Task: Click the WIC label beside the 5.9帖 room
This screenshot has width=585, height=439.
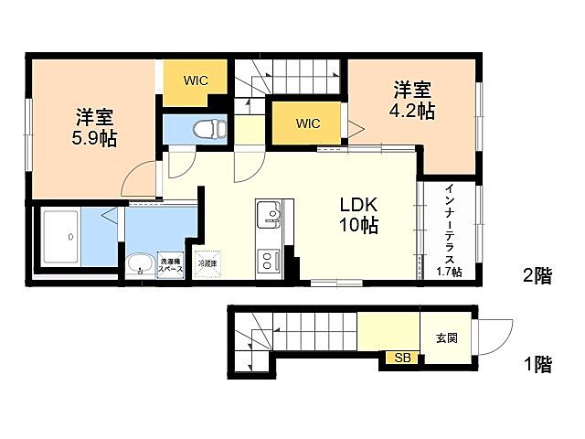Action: (195, 80)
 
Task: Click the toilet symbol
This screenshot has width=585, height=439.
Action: (211, 127)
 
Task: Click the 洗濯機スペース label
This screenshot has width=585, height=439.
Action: (171, 263)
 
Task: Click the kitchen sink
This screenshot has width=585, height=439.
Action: (270, 216)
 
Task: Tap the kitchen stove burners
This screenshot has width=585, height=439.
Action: (270, 260)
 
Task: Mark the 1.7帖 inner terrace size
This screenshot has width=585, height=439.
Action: (449, 272)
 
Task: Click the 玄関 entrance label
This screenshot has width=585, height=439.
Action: (447, 337)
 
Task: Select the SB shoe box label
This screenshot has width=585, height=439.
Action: (402, 358)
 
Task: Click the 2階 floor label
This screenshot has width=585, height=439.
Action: (537, 275)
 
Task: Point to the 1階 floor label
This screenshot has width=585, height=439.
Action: (537, 365)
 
